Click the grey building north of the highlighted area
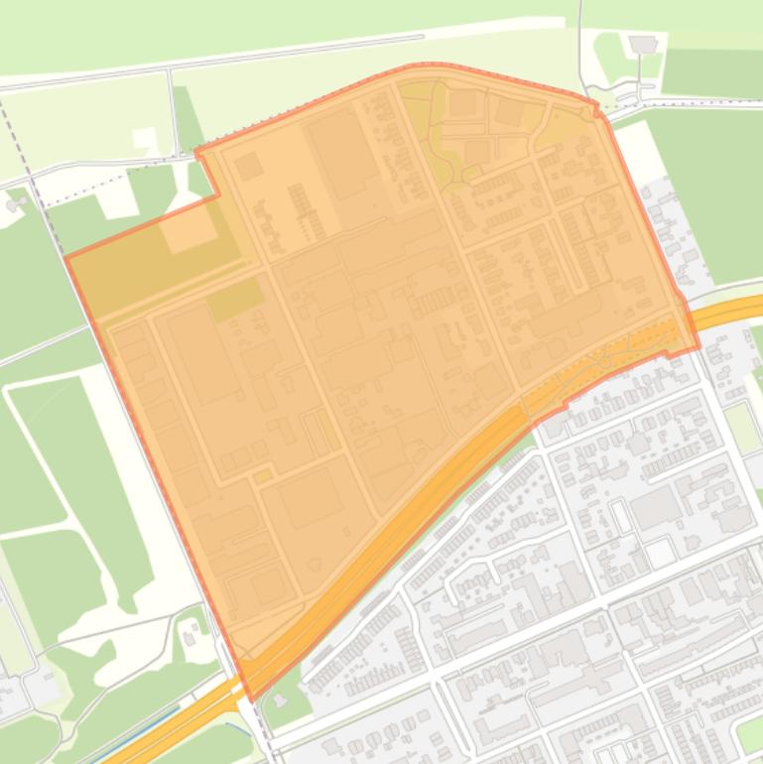click(x=643, y=44)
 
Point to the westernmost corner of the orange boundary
click(x=65, y=258)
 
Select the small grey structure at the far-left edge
click(x=14, y=203)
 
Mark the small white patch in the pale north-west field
click(x=145, y=139)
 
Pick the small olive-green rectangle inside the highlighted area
click(x=235, y=299)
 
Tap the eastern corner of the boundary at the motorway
click(x=698, y=346)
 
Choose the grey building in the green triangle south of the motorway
click(x=280, y=700)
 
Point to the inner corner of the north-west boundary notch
click(x=218, y=195)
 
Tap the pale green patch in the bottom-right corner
click(x=749, y=734)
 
